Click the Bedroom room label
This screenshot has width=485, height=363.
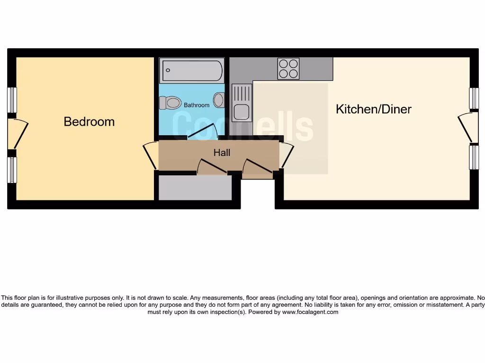89,121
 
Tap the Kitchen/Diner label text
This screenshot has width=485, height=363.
373,109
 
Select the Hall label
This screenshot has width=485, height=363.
222,153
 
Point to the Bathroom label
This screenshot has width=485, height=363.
197,105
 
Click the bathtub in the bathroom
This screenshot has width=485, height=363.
191,70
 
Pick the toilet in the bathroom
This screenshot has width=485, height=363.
171,102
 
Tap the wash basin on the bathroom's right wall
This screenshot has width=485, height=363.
219,100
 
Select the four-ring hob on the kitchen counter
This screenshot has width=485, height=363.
288,69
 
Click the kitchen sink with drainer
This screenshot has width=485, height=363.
242,102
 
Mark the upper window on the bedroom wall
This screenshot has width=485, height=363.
12,100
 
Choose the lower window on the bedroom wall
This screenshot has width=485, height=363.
12,170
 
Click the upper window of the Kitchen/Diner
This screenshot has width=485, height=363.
473,98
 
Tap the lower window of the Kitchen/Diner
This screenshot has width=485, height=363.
473,157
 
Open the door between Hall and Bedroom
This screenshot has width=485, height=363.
151,155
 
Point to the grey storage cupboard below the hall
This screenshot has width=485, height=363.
195,188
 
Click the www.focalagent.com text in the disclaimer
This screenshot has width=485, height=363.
310,312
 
